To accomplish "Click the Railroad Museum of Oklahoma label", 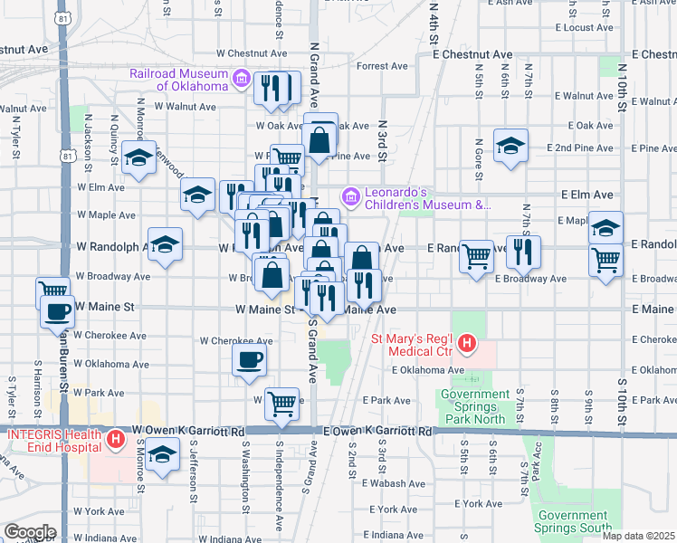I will [x=177, y=79].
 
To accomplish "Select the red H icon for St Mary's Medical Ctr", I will [x=467, y=344].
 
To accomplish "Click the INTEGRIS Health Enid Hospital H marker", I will [x=116, y=441].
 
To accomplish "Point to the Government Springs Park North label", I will [x=475, y=406].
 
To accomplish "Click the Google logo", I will [x=30, y=532].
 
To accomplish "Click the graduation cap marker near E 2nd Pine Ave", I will [x=510, y=145].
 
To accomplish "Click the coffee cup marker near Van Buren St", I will [x=58, y=312].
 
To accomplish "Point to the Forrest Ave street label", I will [x=382, y=66].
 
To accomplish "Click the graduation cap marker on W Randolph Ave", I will [x=165, y=243].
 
